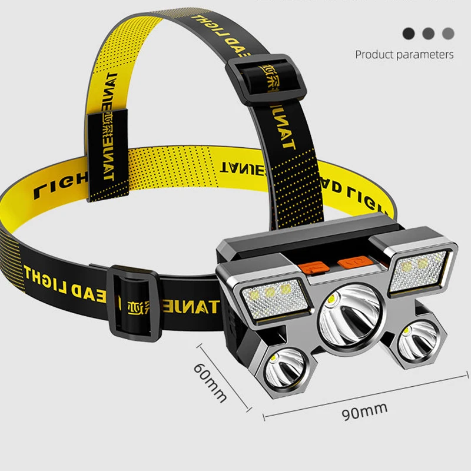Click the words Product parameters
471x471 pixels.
click(x=404, y=55)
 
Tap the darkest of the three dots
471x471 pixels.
click(x=409, y=34)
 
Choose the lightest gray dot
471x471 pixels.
click(x=449, y=34)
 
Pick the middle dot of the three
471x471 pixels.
click(x=429, y=34)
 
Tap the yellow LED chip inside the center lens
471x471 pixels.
click(x=333, y=301)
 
